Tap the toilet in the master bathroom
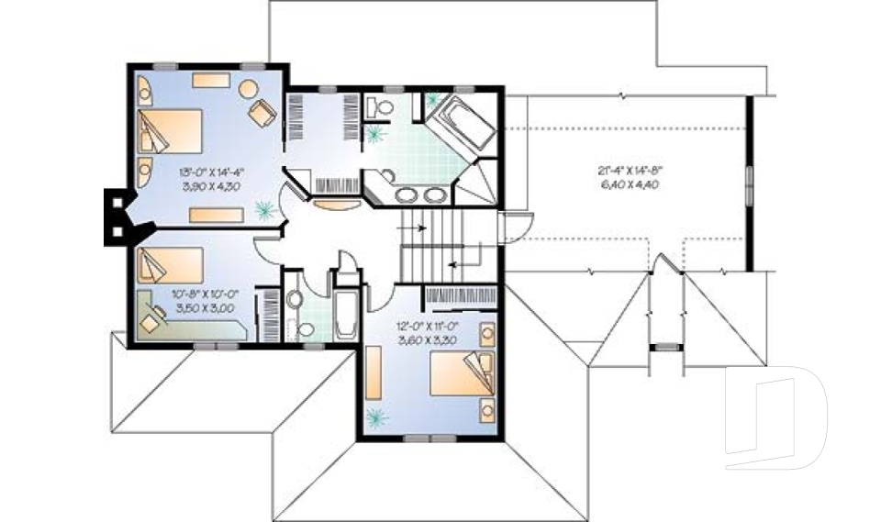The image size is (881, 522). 380,109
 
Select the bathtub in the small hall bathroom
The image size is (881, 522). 347,317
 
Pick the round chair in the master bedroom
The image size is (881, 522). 248,89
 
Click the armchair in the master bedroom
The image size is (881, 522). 262,113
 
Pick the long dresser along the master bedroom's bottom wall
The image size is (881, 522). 217,215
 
